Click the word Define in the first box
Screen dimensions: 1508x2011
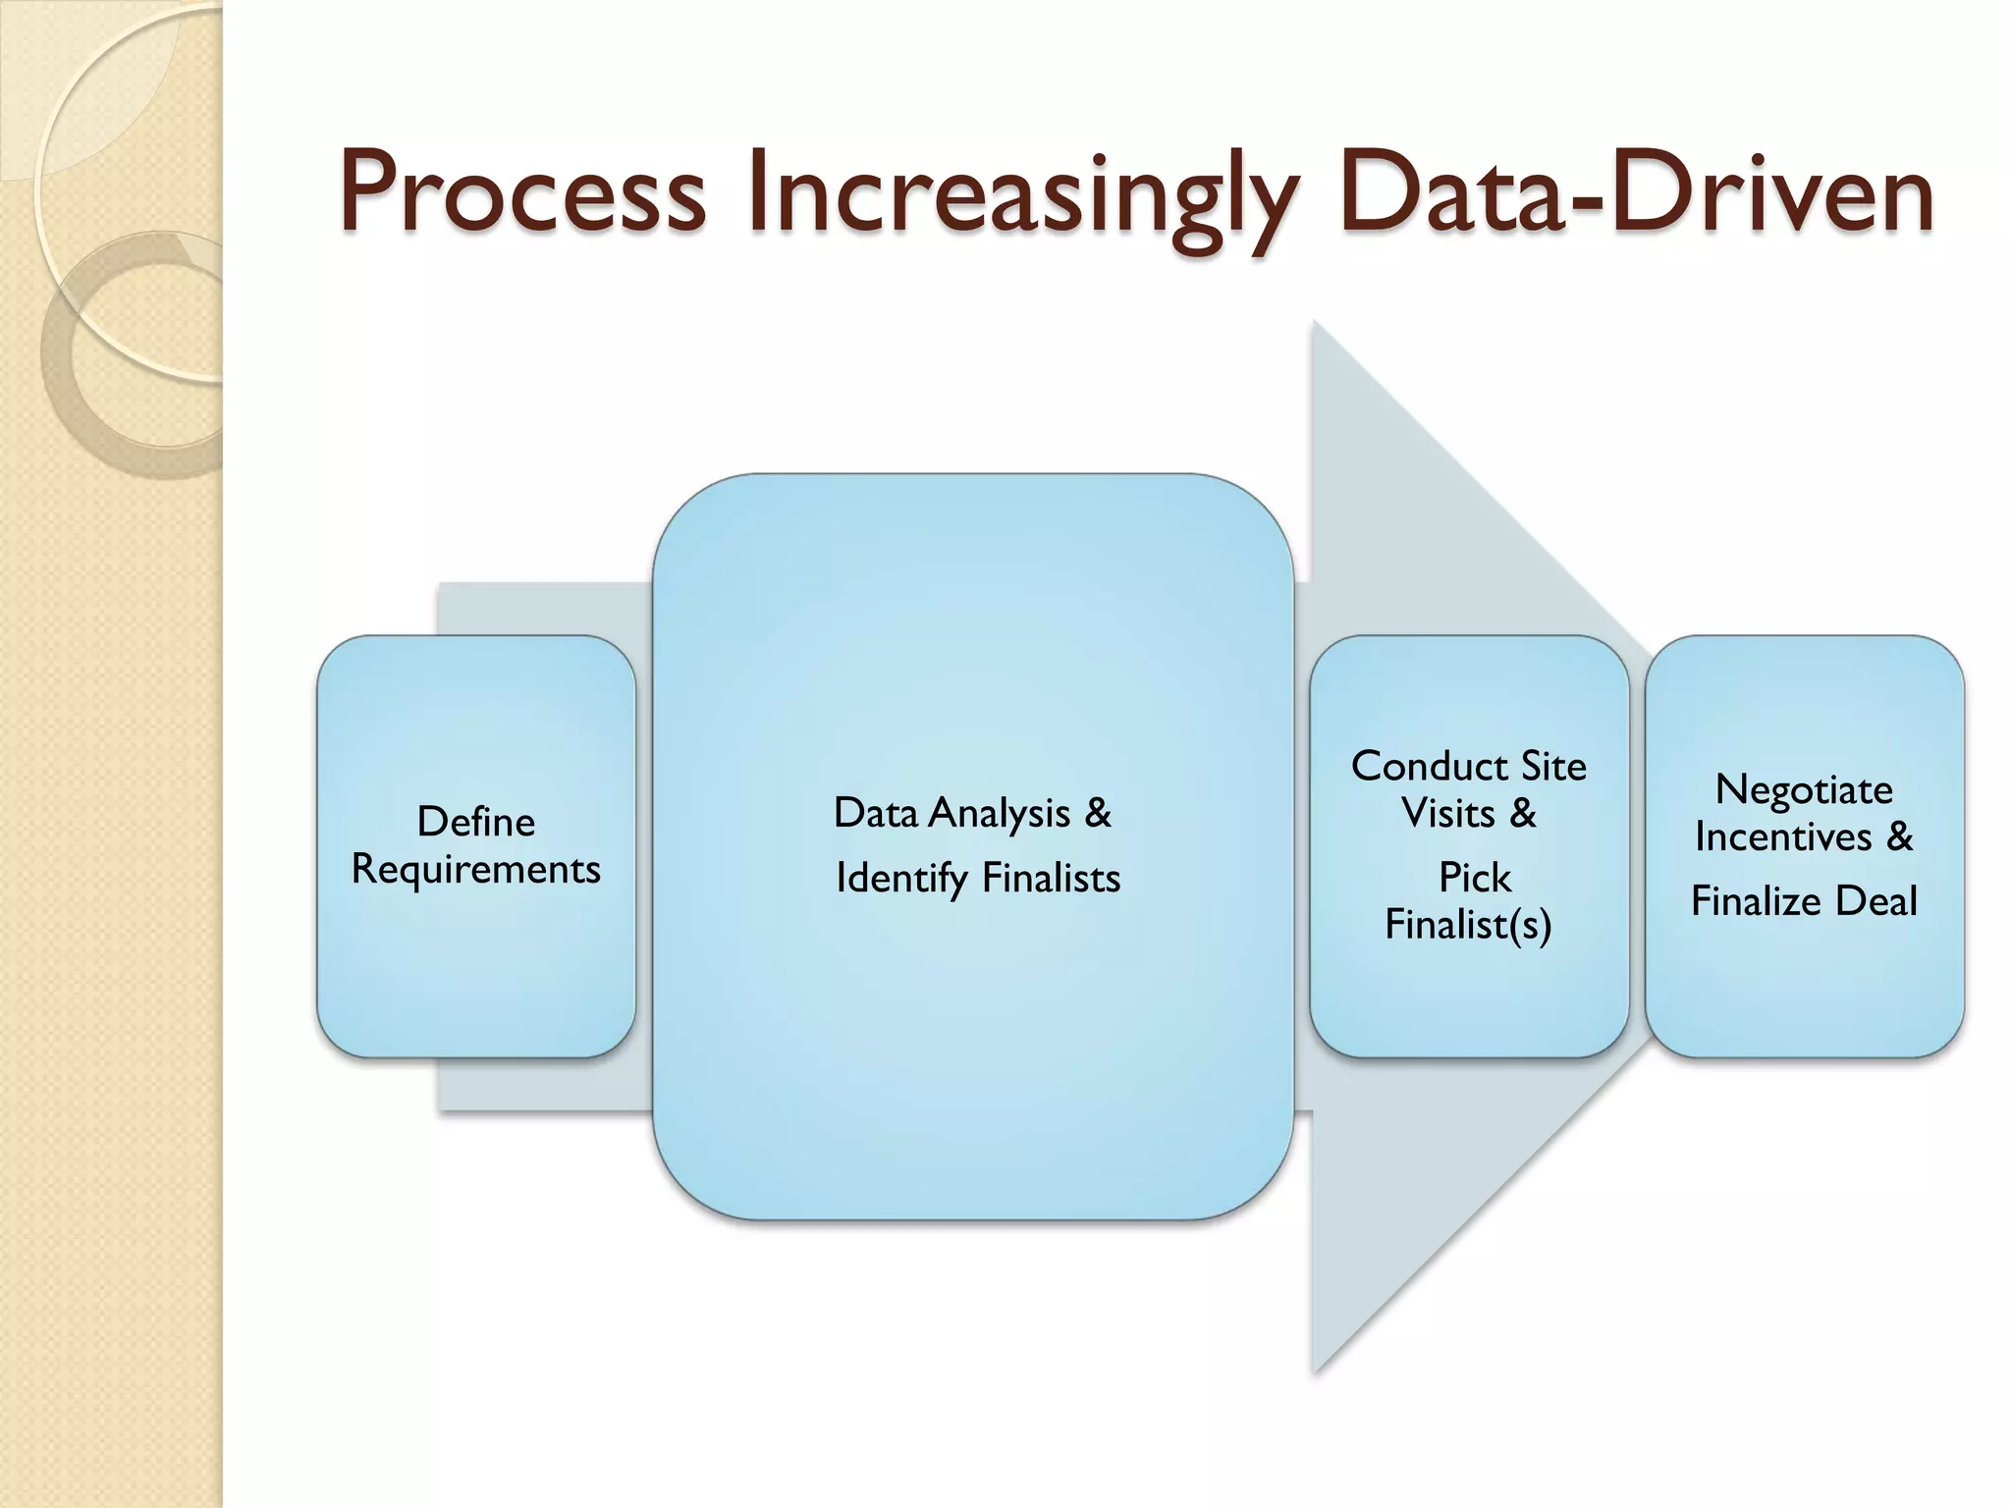(x=476, y=821)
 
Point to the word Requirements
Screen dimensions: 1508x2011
(x=476, y=870)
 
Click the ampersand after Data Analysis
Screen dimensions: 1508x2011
(x=1098, y=813)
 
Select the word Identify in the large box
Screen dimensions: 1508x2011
(x=900, y=878)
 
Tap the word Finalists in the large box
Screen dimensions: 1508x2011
(x=1051, y=878)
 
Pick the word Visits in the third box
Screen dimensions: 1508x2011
(x=1447, y=813)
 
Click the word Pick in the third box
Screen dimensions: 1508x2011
(x=1474, y=878)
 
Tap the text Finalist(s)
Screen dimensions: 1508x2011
(x=1468, y=925)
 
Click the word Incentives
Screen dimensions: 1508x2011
(x=1782, y=837)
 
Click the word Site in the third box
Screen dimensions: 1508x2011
(x=1553, y=766)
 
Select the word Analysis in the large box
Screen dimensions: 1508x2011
(x=1000, y=813)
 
